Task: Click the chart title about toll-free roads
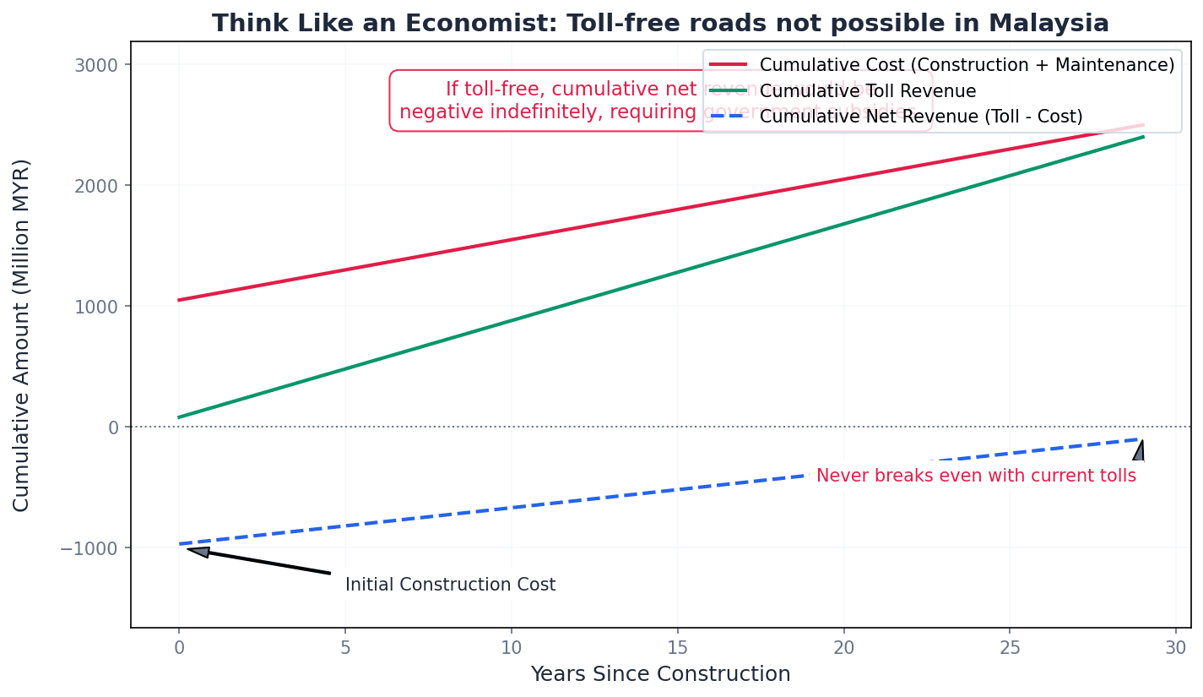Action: [660, 23]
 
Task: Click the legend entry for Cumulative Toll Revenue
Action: [868, 91]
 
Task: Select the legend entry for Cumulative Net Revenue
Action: [920, 117]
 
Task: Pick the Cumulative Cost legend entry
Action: [967, 65]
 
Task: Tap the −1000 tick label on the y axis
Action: [90, 547]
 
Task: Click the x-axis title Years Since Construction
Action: [660, 674]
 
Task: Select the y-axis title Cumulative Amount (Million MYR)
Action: [22, 335]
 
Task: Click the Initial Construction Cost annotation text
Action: [450, 585]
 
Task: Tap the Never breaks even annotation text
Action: [976, 476]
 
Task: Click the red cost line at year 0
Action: [179, 300]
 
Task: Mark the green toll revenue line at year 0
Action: [179, 417]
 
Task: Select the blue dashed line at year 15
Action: [677, 490]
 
